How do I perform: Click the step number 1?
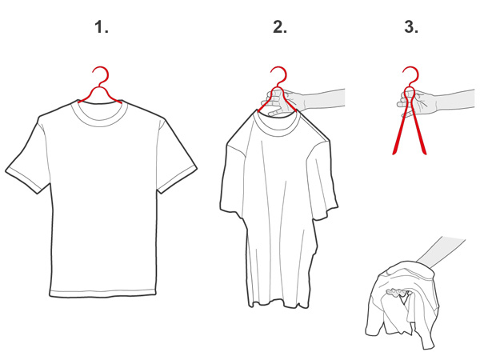pos(101,27)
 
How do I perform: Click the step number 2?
pos(280,27)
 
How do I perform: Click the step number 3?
pos(411,27)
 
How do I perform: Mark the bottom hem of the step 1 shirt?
pos(103,293)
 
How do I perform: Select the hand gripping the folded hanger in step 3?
pos(418,103)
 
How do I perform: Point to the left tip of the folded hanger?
pos(394,153)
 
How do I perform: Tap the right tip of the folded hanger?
pos(424,153)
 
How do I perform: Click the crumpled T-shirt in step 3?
pos(401,306)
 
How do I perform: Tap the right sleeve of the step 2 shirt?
pos(322,181)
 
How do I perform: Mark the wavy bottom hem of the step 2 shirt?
pos(278,304)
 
